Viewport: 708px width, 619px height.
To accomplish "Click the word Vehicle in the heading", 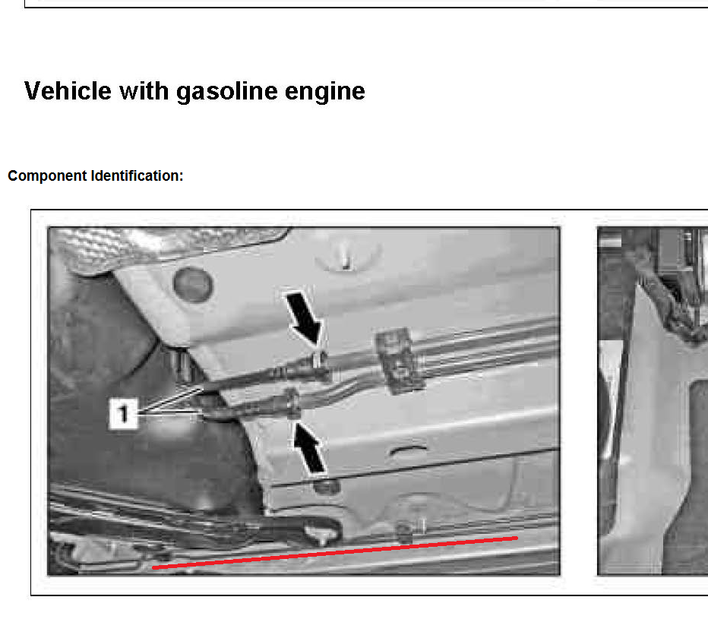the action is coord(68,90).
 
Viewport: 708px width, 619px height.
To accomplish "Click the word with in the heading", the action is coord(144,90).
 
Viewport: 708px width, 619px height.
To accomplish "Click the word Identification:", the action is coord(137,175).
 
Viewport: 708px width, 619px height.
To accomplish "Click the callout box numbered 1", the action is coord(123,413).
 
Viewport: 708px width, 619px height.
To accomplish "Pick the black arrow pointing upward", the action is coord(309,448).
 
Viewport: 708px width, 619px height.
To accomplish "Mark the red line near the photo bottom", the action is coord(334,553).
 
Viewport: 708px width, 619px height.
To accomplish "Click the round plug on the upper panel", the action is coord(193,285).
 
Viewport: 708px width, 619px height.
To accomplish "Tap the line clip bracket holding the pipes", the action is coord(400,360).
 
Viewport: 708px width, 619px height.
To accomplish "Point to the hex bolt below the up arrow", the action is coord(327,487).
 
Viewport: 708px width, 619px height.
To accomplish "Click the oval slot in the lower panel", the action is coord(408,450).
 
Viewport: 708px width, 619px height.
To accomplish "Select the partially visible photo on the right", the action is coord(653,401).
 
